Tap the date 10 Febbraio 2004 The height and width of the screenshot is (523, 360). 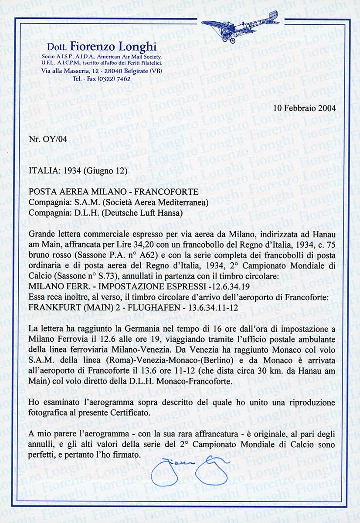point(308,108)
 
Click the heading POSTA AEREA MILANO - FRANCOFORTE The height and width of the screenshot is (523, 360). point(114,192)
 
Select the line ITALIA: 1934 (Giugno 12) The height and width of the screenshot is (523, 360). point(78,171)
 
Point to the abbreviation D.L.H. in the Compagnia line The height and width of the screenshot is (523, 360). point(78,213)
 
